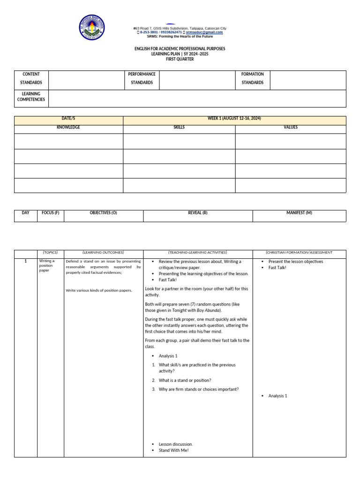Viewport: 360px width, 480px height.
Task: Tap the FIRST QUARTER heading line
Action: tap(180, 60)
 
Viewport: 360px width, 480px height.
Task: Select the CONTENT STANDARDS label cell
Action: tap(31, 79)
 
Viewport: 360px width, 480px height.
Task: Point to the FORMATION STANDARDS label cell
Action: tap(253, 79)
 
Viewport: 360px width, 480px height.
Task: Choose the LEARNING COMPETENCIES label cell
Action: tap(31, 97)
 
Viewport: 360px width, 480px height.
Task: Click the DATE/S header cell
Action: tap(68, 119)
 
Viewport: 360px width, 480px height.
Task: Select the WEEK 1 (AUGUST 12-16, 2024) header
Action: tap(234, 119)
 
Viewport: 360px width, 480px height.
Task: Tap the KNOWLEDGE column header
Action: tap(68, 127)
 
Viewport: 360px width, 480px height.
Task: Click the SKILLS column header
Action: tap(179, 127)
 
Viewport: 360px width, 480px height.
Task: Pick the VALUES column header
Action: tap(290, 127)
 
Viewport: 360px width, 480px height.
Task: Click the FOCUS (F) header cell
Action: tap(51, 213)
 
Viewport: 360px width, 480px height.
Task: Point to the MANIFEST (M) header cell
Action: tap(299, 213)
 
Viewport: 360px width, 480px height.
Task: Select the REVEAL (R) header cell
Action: tap(198, 213)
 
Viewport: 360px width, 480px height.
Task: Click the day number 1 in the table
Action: tap(26, 262)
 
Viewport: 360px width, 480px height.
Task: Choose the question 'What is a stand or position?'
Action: tap(185, 380)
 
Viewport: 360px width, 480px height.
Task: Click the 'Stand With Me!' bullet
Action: tap(173, 450)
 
